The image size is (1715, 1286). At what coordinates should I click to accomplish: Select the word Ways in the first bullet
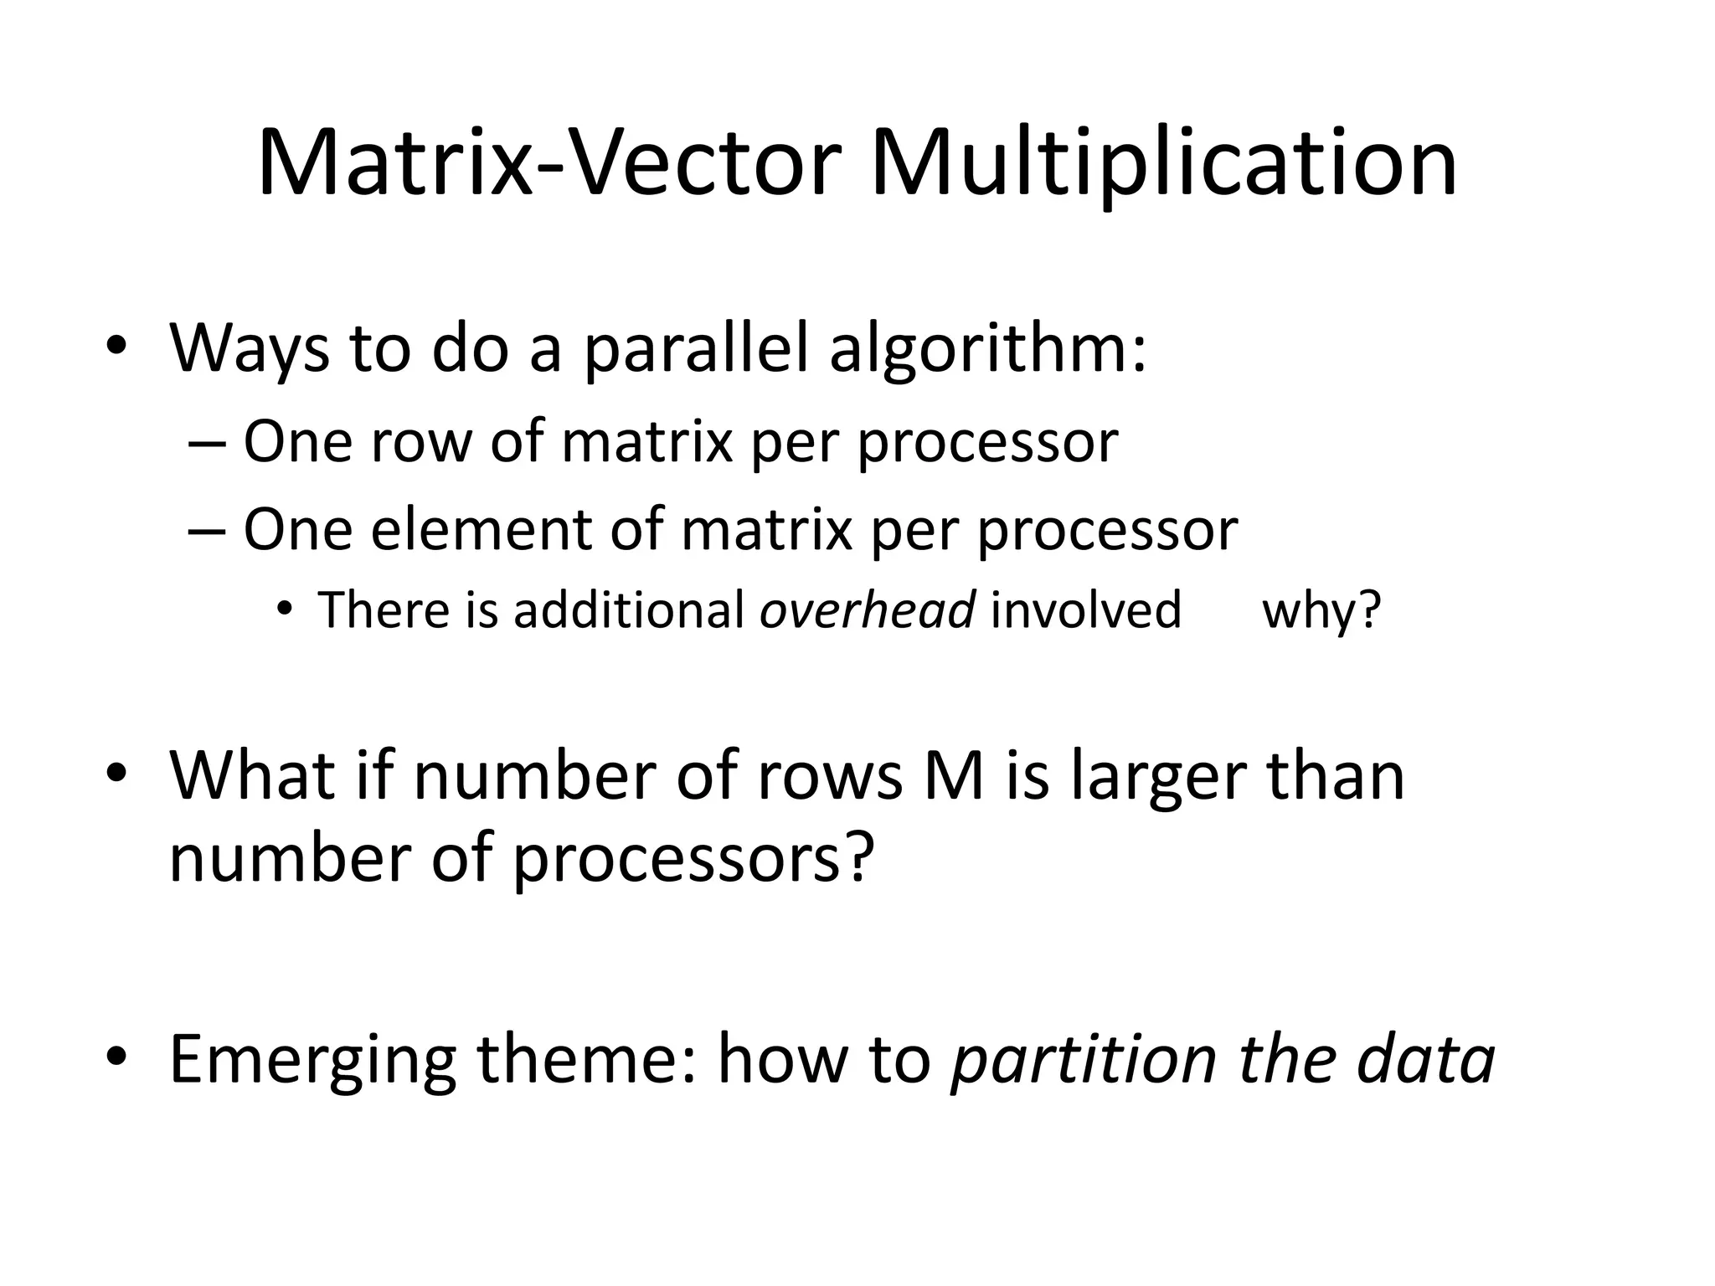coord(250,347)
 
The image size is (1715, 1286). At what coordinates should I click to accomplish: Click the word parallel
coord(695,347)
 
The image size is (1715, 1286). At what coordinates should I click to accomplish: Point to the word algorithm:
coord(988,347)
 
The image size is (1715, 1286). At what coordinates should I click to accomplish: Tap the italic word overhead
coord(867,610)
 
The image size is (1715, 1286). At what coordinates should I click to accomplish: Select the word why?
coord(1321,610)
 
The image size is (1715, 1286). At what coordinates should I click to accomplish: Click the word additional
coord(628,610)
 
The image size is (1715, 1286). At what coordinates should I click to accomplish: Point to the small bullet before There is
coord(286,610)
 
